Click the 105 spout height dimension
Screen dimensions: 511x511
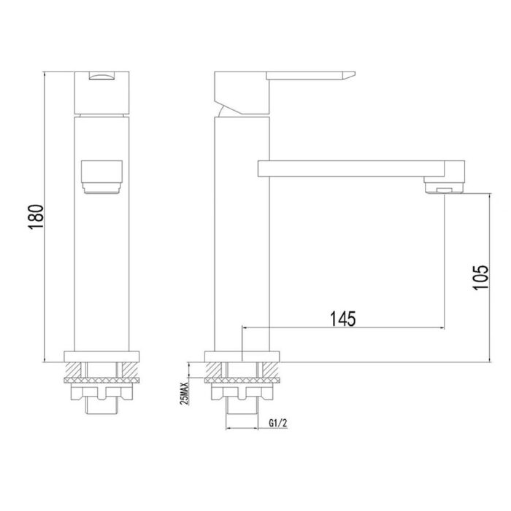480,277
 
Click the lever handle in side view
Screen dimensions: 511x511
310,76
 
